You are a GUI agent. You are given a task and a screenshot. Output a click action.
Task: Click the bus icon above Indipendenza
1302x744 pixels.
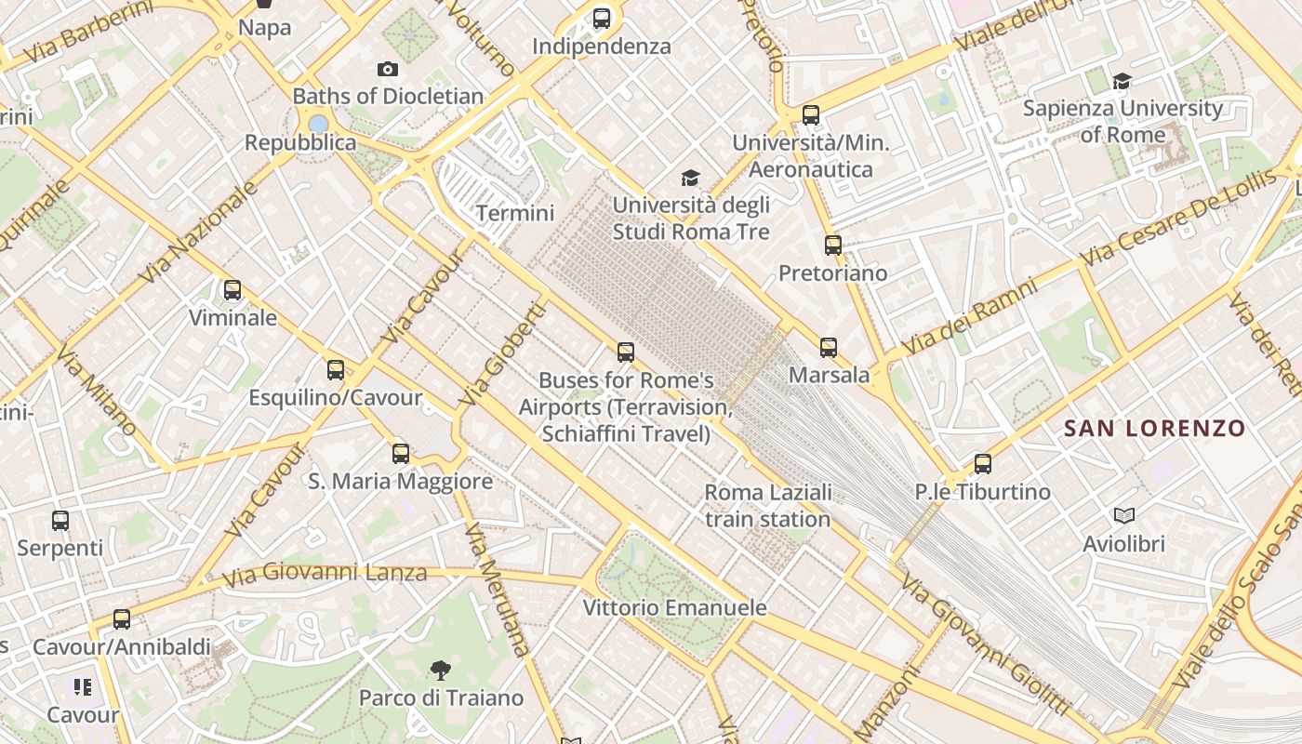tap(602, 18)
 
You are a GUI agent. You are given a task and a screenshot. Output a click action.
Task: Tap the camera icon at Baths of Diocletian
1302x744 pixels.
tap(388, 69)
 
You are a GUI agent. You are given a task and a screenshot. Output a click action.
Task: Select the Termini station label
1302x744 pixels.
tap(515, 213)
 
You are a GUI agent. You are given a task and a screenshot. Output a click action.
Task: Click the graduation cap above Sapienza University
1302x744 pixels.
tap(1123, 81)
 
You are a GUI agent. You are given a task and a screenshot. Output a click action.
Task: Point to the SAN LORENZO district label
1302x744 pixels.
tap(1154, 429)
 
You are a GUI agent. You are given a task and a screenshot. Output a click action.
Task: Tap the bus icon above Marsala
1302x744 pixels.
tap(829, 348)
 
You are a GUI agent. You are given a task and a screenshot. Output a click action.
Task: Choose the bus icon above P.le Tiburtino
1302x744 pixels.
tap(983, 464)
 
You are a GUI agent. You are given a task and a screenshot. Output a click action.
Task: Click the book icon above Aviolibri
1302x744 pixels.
tap(1124, 515)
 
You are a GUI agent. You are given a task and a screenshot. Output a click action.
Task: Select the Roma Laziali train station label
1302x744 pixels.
tap(767, 505)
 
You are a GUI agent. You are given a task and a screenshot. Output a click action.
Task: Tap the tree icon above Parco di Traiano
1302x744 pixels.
tap(441, 670)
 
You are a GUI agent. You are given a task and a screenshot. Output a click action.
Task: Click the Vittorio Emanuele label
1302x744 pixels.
tap(674, 608)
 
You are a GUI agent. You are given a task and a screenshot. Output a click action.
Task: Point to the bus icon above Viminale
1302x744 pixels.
tap(232, 290)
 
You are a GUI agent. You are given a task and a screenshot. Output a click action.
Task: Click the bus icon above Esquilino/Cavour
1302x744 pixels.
tap(336, 370)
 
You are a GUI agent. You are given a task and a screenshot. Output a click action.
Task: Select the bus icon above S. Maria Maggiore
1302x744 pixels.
tap(401, 454)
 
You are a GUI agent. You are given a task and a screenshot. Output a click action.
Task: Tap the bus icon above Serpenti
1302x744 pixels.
tap(60, 521)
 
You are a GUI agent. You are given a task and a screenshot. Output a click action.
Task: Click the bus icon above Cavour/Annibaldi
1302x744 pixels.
tap(122, 619)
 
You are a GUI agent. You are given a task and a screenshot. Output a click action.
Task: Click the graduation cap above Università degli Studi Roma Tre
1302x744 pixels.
tap(690, 178)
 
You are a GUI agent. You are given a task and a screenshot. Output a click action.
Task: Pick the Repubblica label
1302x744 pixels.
tap(300, 142)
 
